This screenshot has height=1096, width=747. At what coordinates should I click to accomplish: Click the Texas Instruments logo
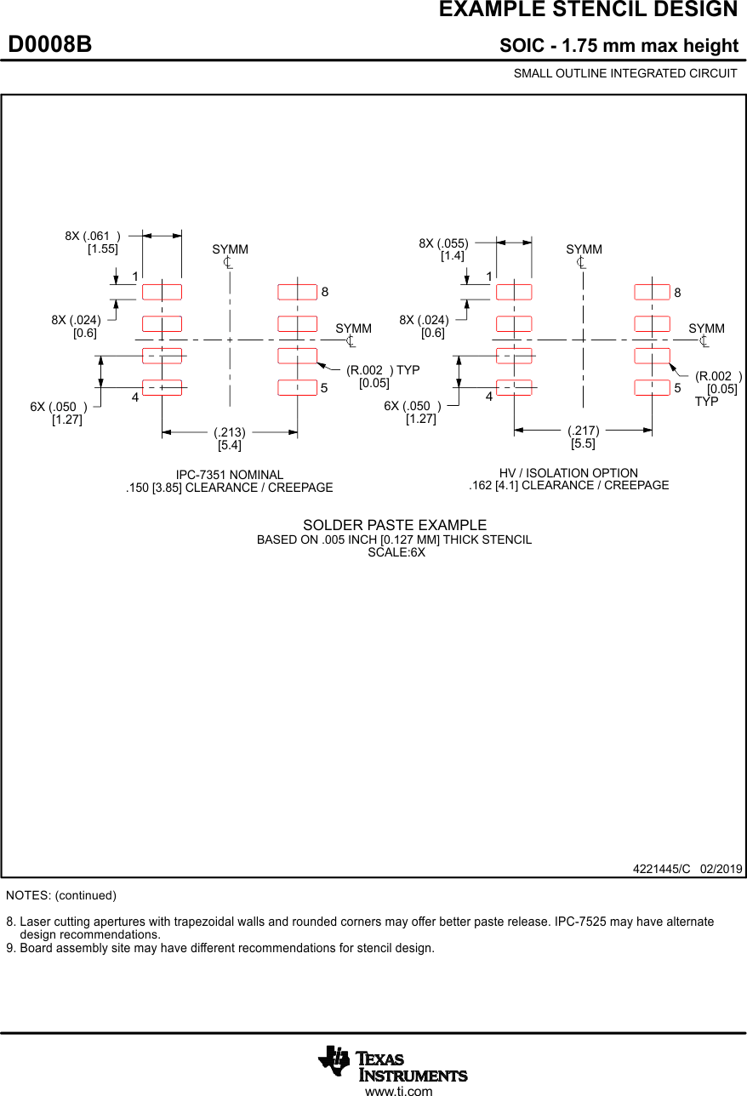392,1064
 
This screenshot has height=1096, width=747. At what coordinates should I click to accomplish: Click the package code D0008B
50,45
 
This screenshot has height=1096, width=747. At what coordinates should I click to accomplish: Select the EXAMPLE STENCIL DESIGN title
588,10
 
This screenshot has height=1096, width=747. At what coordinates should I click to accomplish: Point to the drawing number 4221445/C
661,869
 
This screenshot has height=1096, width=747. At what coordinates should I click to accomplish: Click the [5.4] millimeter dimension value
230,445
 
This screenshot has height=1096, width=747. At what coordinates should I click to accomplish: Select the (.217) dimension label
584,431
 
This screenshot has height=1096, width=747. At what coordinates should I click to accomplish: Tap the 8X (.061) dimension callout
93,236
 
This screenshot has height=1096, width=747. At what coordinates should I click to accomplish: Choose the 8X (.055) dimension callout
443,243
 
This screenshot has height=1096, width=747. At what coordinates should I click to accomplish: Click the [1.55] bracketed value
103,248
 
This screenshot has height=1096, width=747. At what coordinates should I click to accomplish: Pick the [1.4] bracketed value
453,255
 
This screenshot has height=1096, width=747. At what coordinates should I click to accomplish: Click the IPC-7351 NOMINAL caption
230,475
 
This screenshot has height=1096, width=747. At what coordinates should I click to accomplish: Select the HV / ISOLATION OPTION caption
568,473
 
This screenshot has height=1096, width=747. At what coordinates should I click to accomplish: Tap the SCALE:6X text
396,552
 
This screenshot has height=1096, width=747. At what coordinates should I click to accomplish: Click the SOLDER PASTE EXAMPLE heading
395,526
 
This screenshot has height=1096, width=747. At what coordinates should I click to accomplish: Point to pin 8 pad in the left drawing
297,293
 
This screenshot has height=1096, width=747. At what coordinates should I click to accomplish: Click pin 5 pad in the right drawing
652,388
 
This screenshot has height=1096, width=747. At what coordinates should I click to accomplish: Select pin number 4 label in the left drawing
134,397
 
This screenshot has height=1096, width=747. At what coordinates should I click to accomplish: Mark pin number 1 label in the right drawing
489,277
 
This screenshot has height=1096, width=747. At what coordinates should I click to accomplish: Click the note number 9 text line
220,948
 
